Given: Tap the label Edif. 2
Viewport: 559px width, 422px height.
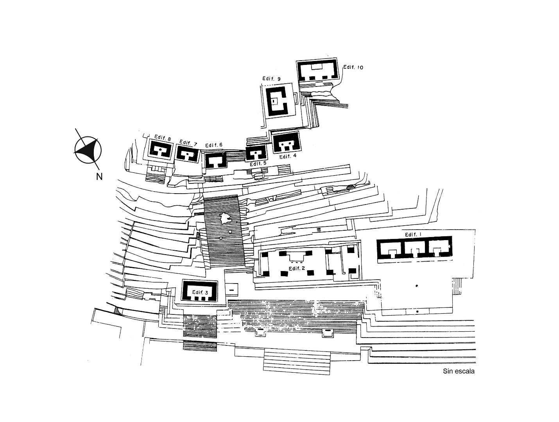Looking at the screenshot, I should [297, 268].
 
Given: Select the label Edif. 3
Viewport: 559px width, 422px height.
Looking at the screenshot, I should [200, 292].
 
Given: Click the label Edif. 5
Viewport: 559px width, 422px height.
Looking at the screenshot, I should [258, 163].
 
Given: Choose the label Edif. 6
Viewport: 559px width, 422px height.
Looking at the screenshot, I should [213, 145].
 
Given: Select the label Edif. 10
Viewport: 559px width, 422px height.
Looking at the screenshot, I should [353, 67].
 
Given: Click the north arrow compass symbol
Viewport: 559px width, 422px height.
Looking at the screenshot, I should [88, 150].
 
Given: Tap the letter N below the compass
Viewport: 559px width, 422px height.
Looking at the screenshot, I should [99, 176].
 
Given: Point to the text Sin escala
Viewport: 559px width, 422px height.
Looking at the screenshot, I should [459, 371].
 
